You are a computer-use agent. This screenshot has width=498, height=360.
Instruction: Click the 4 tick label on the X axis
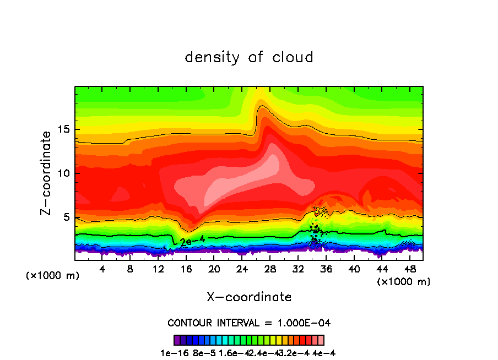click(x=102, y=269)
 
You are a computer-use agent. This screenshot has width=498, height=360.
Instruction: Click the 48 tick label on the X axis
click(x=409, y=269)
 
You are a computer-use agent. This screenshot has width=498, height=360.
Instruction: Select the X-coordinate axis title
click(x=249, y=297)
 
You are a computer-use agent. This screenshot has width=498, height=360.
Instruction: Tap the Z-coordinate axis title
click(x=46, y=173)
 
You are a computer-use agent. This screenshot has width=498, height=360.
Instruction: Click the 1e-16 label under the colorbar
click(x=173, y=353)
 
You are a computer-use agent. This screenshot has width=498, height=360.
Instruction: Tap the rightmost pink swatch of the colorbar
click(x=321, y=340)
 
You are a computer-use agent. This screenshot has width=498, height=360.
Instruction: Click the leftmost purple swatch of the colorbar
click(x=177, y=340)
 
